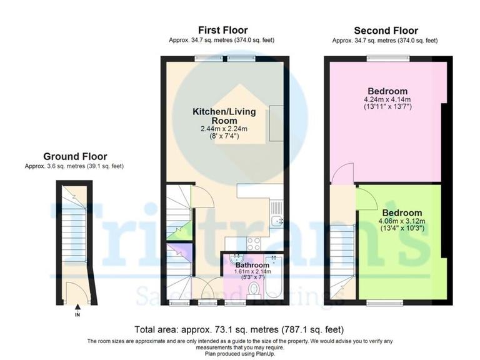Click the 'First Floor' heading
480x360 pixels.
[x=222, y=30]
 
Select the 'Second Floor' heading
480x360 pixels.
[x=386, y=31]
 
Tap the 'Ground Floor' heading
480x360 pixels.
[x=75, y=156]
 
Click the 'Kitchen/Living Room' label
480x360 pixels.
[x=214, y=116]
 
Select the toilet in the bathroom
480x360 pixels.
[x=253, y=289]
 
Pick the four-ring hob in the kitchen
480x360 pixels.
[x=254, y=244]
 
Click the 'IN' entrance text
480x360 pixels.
[x=77, y=315]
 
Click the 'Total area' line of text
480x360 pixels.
[x=239, y=329]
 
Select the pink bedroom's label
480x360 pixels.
[x=387, y=91]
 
